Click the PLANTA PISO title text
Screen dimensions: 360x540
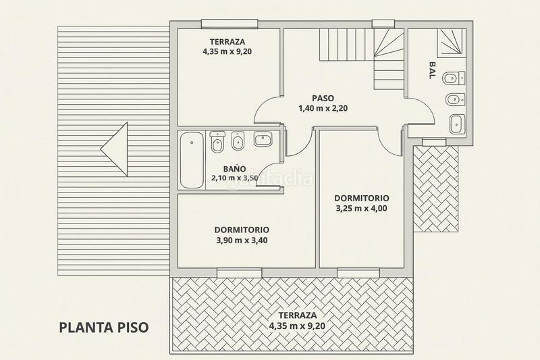click(103, 328)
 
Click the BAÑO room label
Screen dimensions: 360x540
click(235, 169)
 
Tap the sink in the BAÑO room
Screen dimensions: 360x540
click(262, 140)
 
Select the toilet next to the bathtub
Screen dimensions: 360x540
click(217, 143)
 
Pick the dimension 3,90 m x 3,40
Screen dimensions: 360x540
click(242, 240)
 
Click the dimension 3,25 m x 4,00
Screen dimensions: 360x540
click(362, 208)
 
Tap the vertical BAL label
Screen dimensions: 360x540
click(432, 71)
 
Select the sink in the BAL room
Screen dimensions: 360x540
click(456, 124)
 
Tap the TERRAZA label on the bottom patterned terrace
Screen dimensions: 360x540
click(292, 315)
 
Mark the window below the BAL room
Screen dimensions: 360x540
click(435, 140)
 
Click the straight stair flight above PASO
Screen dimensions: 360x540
click(344, 45)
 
